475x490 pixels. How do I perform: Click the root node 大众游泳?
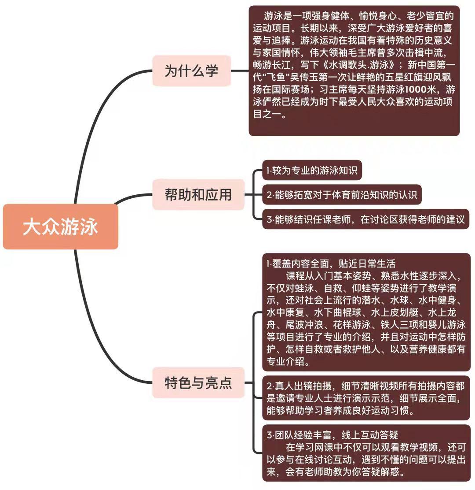[61, 226]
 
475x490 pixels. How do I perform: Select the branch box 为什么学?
[191, 71]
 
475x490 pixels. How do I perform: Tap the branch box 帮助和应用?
[198, 194]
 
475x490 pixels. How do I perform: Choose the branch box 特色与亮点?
[198, 382]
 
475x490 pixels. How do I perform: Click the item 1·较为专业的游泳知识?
[312, 171]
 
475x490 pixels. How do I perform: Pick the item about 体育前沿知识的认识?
[342, 195]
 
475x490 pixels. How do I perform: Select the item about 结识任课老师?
[365, 219]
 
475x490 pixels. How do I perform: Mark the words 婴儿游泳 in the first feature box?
[447, 325]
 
